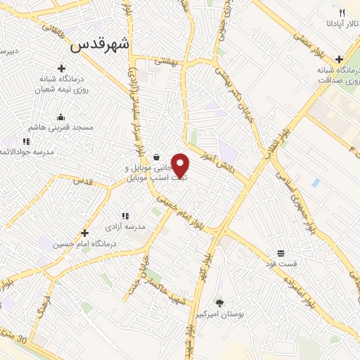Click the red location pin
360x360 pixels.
(181, 165)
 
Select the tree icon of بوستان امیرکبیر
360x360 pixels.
(219, 303)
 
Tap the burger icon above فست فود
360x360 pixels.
(281, 253)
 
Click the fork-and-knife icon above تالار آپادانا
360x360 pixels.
(342, 13)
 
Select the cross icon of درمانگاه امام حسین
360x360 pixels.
(84, 233)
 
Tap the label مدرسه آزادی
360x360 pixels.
(125, 226)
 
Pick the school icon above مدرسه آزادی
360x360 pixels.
(125, 216)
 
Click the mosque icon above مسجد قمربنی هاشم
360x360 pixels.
(60, 117)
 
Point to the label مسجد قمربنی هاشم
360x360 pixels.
(60, 127)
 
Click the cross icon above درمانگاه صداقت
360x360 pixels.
(340, 59)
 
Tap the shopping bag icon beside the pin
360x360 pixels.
(156, 157)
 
